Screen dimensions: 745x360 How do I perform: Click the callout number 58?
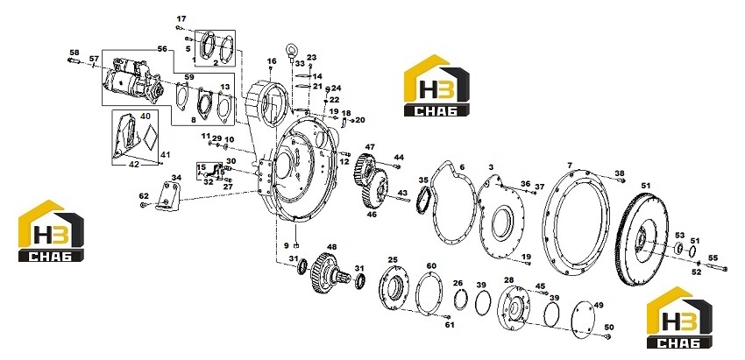coord(74,53)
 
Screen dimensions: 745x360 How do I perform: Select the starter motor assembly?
coord(134,81)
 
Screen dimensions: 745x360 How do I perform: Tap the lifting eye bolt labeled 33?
coord(290,52)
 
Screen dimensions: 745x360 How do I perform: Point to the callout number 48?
coord(331,247)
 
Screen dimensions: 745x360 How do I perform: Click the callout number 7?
coord(570,166)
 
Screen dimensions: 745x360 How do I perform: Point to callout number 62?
coord(144,195)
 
